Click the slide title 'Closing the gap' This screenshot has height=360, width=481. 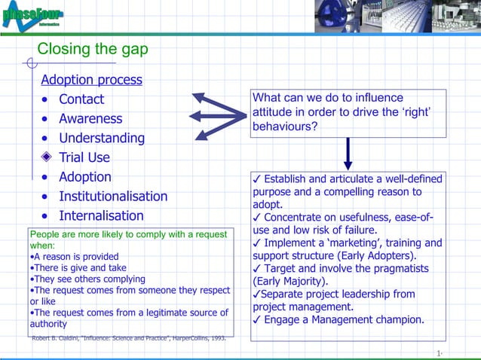click(x=93, y=50)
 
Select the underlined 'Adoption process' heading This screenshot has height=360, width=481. click(x=91, y=80)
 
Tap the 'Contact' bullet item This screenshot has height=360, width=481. click(x=81, y=99)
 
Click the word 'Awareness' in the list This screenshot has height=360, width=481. click(x=90, y=119)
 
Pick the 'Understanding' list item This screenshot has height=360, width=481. click(x=102, y=139)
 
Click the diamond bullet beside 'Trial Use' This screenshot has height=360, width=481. click(x=47, y=157)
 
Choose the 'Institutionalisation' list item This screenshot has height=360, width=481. click(x=113, y=197)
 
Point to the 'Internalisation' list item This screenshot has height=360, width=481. click(x=101, y=216)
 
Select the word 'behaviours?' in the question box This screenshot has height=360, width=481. click(x=285, y=127)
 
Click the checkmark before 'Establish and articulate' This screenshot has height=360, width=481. click(x=257, y=178)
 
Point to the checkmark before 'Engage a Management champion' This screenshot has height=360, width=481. click(x=257, y=320)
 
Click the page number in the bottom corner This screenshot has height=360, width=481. click(x=439, y=353)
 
